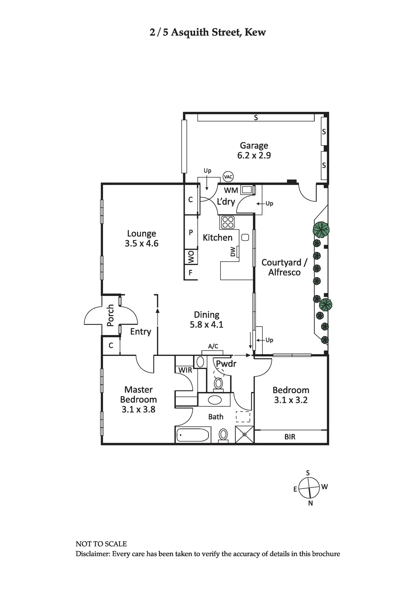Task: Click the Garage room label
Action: click(254, 146)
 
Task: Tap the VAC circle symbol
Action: click(228, 177)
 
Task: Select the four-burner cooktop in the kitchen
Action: click(228, 222)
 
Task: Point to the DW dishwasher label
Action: click(233, 252)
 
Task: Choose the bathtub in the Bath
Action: click(192, 435)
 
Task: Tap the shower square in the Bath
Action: click(244, 434)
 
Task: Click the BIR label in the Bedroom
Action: click(290, 437)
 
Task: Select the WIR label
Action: click(185, 370)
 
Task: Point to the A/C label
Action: click(213, 346)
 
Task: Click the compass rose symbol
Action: click(309, 488)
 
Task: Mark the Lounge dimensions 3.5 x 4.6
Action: click(142, 243)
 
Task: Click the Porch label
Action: click(110, 315)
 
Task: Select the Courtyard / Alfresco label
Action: click(284, 267)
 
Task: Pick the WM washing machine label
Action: click(231, 190)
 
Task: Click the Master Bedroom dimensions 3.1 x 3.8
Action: click(138, 409)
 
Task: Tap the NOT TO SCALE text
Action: click(101, 544)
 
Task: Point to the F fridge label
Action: click(191, 273)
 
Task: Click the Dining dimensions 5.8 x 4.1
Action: click(206, 324)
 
